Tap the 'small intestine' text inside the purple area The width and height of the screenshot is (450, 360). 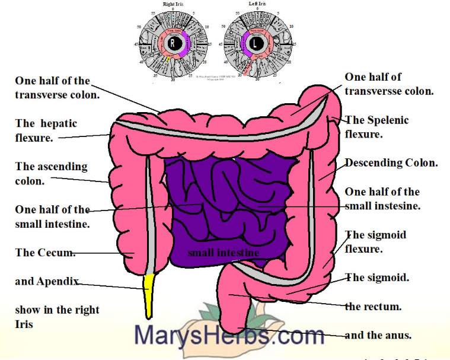point(223,253)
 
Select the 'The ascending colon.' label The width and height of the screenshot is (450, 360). point(51,174)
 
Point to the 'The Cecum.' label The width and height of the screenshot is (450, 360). point(45,253)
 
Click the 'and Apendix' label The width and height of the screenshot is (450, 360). point(47,281)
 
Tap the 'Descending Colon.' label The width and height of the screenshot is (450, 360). point(391,163)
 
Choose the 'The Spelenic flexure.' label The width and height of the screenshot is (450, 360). point(377,127)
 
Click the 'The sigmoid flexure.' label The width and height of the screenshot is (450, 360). point(376,241)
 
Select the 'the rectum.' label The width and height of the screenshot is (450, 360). point(374,307)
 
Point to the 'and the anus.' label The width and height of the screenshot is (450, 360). point(378,335)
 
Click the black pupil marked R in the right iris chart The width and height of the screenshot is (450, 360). point(173,43)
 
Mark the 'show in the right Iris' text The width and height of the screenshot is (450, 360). point(57,317)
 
